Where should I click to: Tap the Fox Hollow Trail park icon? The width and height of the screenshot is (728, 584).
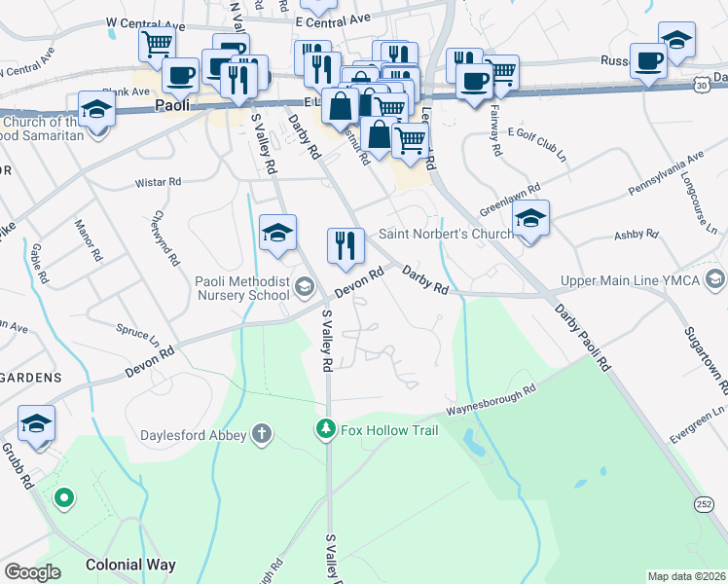pos(325,428)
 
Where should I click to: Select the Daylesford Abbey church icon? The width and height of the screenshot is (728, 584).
pos(261,434)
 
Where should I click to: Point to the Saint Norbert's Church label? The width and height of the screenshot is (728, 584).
pos(446,234)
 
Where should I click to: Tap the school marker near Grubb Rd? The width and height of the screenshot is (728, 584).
pos(36,424)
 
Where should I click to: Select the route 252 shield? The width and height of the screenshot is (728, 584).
pos(703,503)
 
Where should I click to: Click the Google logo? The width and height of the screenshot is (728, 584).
pos(32,572)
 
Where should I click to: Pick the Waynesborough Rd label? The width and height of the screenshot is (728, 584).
pos(492,401)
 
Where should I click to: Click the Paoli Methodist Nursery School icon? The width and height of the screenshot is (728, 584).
pos(304,285)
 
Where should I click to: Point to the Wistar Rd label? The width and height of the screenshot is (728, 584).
pos(160,181)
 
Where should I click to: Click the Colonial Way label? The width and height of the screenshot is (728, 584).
pos(130,565)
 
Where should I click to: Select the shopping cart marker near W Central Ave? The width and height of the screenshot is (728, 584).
pos(156,45)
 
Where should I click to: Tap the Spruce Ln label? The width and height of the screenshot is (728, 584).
pos(138,335)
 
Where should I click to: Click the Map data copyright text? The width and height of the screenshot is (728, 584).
pos(685,576)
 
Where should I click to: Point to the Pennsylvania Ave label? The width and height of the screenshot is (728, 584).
pos(652,174)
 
